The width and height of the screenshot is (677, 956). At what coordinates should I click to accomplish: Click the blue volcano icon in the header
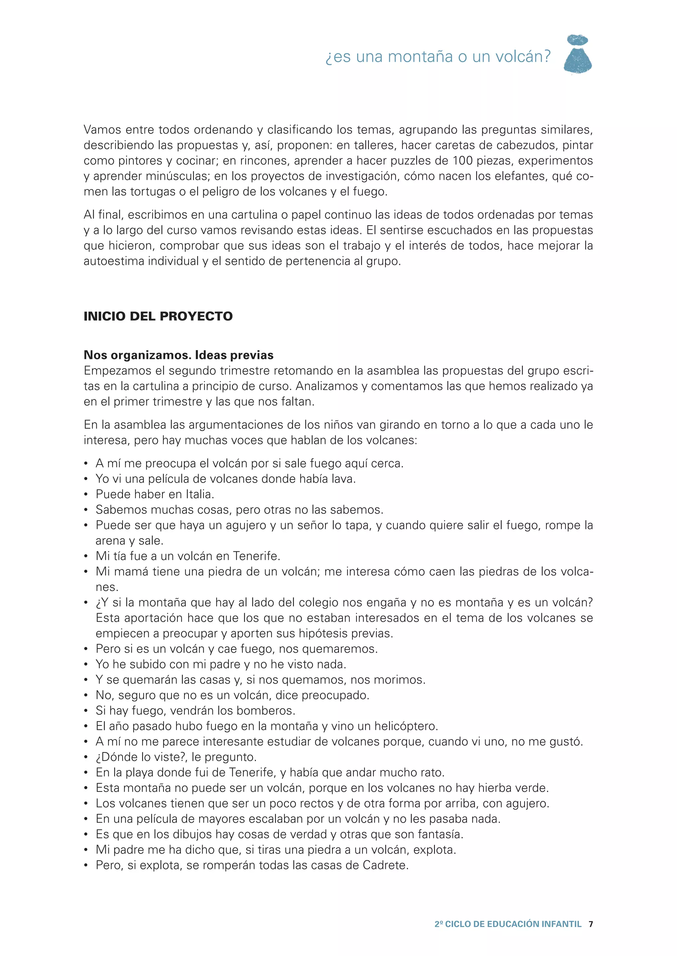pyautogui.click(x=578, y=55)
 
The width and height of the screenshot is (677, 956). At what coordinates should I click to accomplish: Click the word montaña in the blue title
pyautogui.click(x=420, y=57)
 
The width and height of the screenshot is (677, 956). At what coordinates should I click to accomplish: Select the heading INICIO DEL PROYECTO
pyautogui.click(x=158, y=316)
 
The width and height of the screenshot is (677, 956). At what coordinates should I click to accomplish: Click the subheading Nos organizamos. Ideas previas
pyautogui.click(x=179, y=355)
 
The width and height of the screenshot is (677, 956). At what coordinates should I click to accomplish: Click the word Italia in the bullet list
pyautogui.click(x=199, y=495)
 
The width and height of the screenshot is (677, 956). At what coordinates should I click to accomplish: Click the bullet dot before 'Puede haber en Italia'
pyautogui.click(x=86, y=495)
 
